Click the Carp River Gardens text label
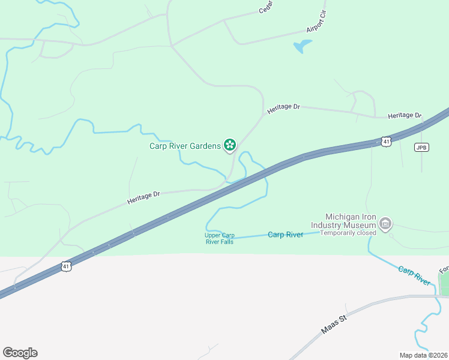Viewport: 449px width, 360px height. pos(185,145)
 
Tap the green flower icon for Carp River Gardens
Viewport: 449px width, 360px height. pos(229,145)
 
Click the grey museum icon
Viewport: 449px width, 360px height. pos(385,225)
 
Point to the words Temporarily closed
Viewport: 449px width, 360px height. pos(348,233)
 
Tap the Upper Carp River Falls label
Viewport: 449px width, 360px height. pos(218,238)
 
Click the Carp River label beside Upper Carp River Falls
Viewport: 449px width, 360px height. pos(285,235)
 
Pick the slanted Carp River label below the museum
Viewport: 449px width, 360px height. pos(414,275)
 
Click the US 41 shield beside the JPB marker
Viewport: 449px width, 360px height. pos(386,142)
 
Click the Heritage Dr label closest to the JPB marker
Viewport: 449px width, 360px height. pos(405,115)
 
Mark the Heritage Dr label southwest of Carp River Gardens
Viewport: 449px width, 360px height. pos(143,198)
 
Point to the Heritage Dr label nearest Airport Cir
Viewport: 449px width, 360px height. pos(283,107)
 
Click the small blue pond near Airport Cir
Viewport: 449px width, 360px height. pos(303,46)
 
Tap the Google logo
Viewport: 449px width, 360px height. pos(20,353)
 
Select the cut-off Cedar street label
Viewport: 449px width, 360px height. pos(266,7)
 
